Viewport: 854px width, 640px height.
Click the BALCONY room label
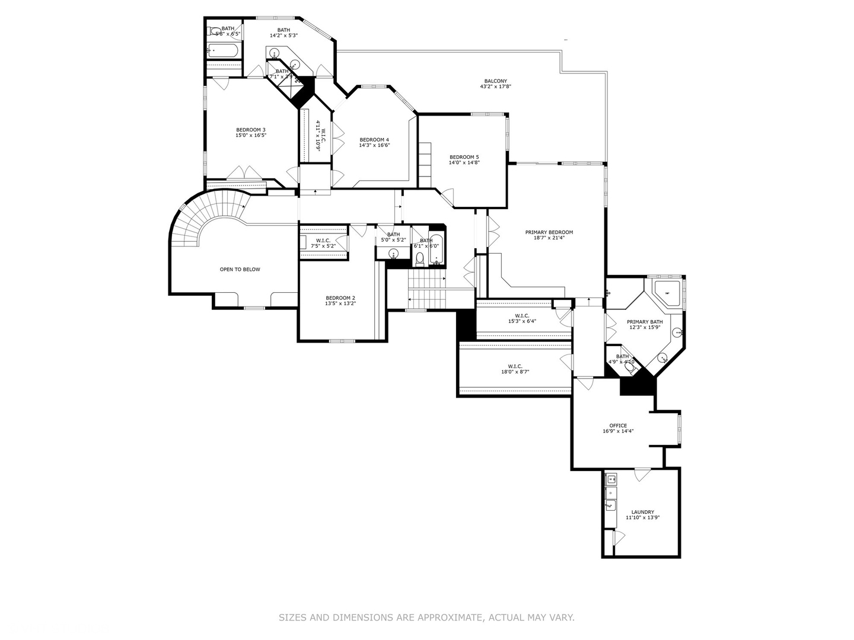[495, 81]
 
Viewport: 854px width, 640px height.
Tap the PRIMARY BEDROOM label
[549, 232]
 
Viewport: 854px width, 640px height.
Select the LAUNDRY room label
[642, 512]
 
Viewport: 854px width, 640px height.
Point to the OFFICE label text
[618, 425]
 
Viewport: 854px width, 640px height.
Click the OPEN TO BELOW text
[240, 270]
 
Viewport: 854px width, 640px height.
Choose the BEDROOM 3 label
[250, 130]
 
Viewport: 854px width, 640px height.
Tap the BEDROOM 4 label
[374, 140]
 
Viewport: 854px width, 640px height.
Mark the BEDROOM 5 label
[464, 157]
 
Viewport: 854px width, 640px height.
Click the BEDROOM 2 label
[340, 298]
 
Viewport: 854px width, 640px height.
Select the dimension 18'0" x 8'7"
[515, 372]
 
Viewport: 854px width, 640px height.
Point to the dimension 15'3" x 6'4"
[522, 321]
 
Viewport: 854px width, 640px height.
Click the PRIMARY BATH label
[645, 322]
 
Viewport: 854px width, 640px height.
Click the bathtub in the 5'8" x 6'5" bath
[224, 52]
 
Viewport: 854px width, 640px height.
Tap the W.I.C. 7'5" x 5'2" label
[323, 243]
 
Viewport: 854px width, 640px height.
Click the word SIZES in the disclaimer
[293, 617]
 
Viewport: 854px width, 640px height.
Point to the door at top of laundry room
[641, 475]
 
